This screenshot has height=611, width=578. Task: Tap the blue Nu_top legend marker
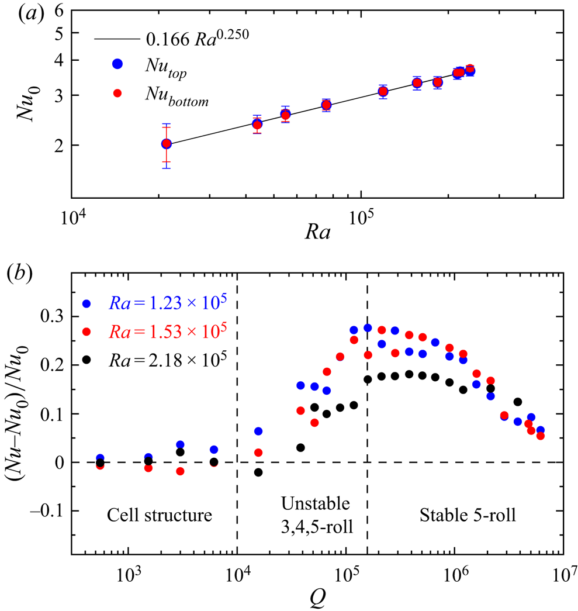[117, 65]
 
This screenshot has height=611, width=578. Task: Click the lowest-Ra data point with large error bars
[167, 144]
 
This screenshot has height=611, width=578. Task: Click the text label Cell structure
[159, 516]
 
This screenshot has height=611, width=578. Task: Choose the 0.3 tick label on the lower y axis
[53, 317]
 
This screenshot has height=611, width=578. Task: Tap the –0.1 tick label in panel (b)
[49, 511]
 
